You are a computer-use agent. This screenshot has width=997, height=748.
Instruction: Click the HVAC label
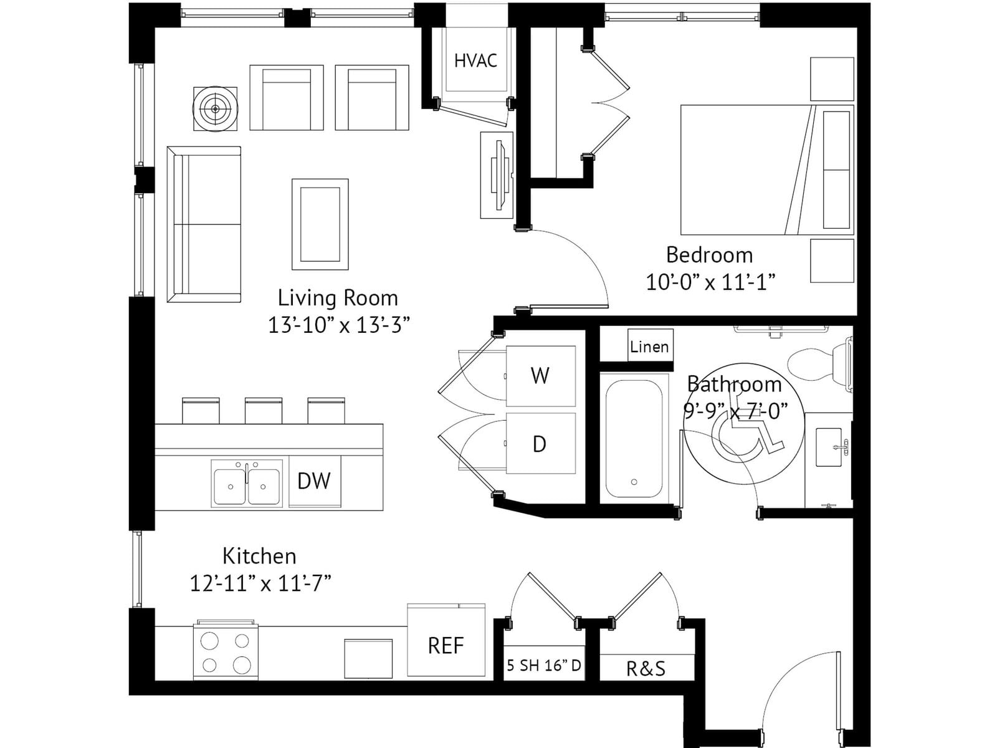tap(475, 60)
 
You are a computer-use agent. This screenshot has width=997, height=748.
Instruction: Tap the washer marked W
tap(540, 376)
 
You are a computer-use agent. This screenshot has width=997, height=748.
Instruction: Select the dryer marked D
tap(540, 443)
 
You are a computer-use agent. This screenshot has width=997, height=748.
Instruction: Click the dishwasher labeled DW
tap(314, 481)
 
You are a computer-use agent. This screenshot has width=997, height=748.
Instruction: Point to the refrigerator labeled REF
tap(446, 640)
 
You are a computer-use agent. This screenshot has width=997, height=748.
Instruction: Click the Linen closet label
tap(649, 347)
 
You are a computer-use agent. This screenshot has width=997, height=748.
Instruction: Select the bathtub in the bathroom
tap(634, 439)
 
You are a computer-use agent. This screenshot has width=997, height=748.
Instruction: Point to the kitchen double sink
tap(247, 483)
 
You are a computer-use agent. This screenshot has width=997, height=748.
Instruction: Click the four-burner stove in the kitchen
tap(226, 650)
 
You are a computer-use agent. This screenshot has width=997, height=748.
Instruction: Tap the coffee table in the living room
tap(320, 224)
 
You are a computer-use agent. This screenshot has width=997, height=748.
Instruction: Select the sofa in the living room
tap(204, 224)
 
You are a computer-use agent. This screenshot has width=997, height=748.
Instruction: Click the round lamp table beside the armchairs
tap(216, 109)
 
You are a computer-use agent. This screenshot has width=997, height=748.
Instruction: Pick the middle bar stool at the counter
tap(264, 411)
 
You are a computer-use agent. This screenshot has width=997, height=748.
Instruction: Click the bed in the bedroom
tap(767, 170)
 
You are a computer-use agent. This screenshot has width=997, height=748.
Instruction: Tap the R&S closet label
tap(646, 668)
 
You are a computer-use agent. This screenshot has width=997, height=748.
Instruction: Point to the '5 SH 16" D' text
tap(544, 665)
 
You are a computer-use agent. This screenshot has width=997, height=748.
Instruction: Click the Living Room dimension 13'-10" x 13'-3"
tap(340, 325)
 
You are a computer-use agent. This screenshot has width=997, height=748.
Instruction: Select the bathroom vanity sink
tap(829, 447)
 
